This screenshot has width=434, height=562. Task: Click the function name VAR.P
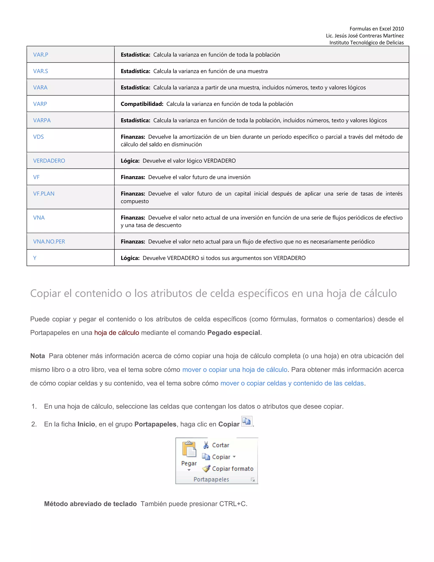point(41,55)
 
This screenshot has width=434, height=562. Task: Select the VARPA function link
point(42,120)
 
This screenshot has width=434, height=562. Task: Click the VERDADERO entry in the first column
point(49,161)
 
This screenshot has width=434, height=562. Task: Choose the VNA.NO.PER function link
point(49,241)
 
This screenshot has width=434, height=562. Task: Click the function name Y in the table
point(35,258)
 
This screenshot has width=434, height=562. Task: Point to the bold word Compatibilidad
point(142,104)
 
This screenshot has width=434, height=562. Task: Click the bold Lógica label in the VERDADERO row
point(130,161)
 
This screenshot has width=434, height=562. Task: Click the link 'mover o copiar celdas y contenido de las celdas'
point(292,383)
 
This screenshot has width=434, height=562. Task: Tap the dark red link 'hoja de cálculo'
point(117,333)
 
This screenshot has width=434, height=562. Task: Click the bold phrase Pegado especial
point(234,333)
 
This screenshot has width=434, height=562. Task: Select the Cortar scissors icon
point(206,445)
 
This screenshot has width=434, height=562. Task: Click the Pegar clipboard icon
point(189,449)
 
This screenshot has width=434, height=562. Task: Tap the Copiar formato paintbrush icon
point(206,469)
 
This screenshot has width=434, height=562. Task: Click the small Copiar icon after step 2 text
point(247,421)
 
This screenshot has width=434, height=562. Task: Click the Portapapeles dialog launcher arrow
point(253,480)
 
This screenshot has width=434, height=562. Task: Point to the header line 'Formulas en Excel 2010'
point(376,29)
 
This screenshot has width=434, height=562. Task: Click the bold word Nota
point(38,356)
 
